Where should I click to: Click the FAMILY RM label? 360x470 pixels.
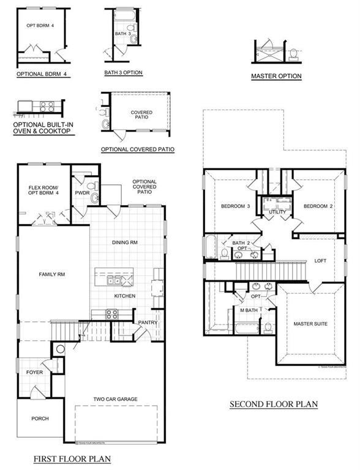(x=52, y=275)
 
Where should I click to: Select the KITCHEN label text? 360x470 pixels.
(x=124, y=296)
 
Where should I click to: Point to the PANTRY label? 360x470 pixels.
(x=148, y=322)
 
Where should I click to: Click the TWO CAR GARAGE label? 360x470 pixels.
(x=115, y=399)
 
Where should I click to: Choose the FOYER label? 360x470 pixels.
(x=34, y=372)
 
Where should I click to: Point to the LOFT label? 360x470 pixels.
(x=320, y=260)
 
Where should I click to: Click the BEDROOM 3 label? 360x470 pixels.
(x=236, y=206)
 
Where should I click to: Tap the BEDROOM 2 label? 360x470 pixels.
(x=318, y=206)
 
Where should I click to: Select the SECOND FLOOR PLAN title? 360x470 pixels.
(x=274, y=405)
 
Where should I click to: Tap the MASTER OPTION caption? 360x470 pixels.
(x=276, y=76)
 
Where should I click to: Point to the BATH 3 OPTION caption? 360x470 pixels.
(x=123, y=72)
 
